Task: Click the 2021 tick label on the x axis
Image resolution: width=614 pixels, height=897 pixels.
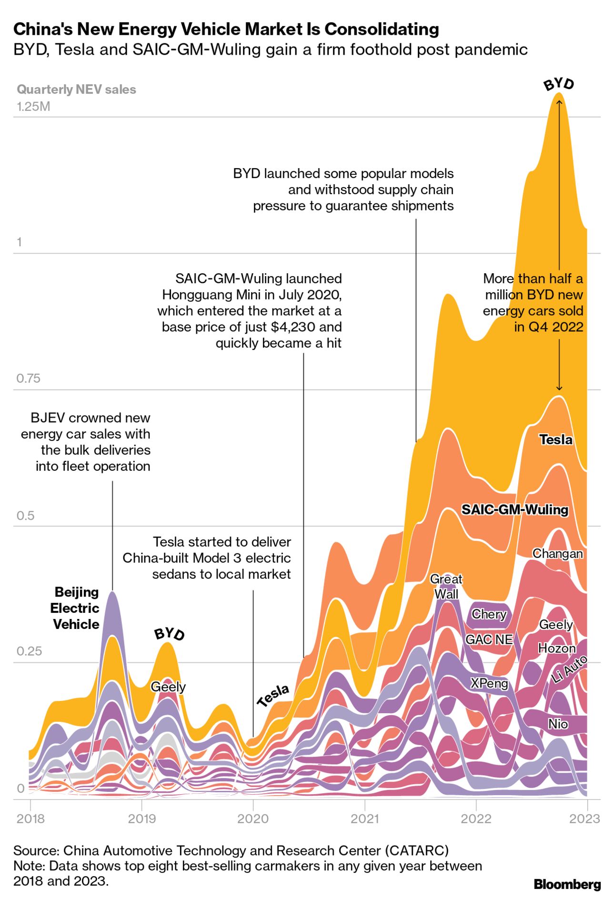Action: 364,818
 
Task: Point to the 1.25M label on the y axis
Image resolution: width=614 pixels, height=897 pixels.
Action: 33,106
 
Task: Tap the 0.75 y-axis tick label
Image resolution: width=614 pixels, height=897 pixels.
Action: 28,379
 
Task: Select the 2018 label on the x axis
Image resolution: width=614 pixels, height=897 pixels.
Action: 30,818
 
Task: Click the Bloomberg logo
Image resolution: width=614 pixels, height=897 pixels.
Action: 567,885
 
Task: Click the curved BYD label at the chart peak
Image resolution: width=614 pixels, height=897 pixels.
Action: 559,84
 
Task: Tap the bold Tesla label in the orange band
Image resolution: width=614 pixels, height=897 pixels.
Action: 556,439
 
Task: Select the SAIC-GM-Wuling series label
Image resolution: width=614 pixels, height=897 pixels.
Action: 515,509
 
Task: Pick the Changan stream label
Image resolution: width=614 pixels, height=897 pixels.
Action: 557,553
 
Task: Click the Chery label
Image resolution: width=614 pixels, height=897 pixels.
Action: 489,614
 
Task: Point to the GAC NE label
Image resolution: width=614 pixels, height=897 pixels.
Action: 489,639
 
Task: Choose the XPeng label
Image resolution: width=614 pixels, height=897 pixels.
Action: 489,683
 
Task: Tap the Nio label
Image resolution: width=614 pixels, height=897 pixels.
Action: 558,724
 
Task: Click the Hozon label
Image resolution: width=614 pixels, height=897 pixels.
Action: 557,648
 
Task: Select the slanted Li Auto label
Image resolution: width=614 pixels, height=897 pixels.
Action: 569,669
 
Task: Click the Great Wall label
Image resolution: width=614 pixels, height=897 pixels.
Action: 446,586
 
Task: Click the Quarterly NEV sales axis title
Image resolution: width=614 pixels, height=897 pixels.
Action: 76,90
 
